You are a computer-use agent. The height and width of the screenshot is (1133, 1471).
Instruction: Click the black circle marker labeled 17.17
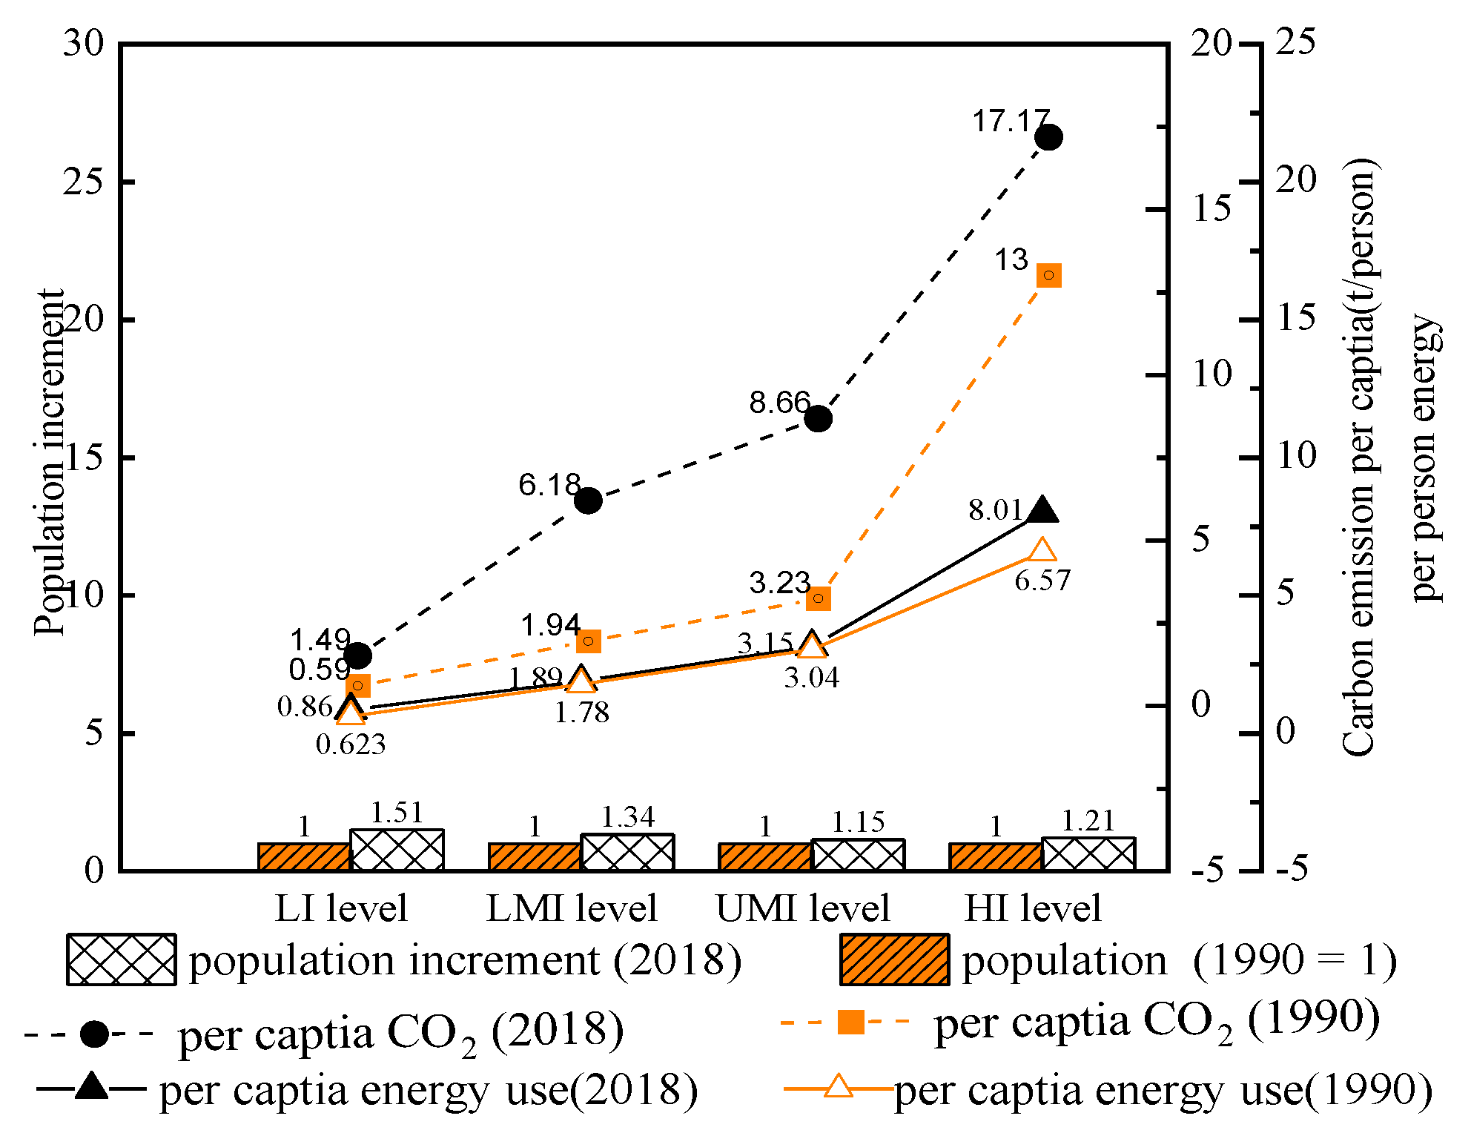coord(1048,137)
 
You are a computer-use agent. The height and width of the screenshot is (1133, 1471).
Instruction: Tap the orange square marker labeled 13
coord(1048,275)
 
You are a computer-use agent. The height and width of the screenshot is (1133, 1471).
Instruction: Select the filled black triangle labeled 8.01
coord(1042,510)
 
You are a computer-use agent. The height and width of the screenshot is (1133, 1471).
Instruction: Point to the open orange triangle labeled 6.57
coord(1042,550)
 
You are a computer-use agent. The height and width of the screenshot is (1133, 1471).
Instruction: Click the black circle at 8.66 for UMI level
coord(818,419)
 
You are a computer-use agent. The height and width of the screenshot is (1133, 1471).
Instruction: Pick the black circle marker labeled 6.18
coord(588,501)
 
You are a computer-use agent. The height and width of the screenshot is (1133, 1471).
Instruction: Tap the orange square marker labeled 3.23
coord(818,598)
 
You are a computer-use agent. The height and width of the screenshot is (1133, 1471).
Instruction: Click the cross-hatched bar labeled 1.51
coord(397,850)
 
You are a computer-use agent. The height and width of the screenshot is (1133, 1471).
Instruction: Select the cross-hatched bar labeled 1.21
coord(1088,854)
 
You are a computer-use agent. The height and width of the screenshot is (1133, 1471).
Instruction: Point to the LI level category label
coord(341,908)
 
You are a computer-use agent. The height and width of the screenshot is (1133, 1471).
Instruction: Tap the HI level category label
coord(1032,908)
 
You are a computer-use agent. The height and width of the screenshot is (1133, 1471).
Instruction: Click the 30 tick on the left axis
coord(83,43)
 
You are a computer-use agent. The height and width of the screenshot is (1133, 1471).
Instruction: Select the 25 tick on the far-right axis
coord(1295,42)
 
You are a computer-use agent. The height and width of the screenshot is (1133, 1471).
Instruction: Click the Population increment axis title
coord(49,462)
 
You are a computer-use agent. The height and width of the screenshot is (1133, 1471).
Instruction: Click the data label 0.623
coord(351,744)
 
